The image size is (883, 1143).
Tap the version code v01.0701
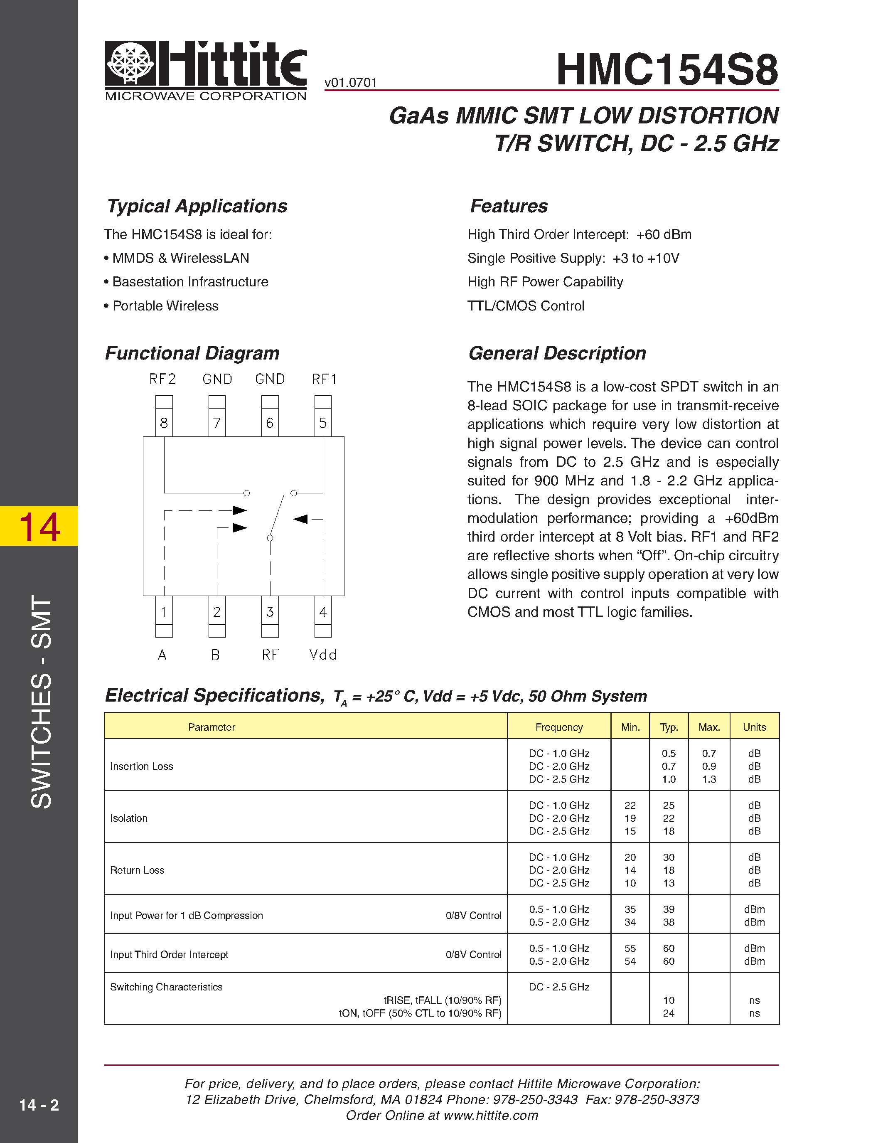click(350, 83)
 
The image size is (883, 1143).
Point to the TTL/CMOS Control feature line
click(526, 306)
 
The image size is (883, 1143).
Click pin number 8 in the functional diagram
click(164, 423)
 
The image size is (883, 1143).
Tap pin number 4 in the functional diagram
click(323, 612)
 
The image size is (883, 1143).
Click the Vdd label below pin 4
click(323, 655)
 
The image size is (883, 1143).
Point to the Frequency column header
click(558, 727)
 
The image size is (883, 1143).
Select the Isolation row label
click(129, 818)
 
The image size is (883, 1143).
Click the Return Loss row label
click(137, 870)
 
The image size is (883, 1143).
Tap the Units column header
click(754, 727)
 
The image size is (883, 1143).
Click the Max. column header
click(709, 727)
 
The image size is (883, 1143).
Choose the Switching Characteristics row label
click(166, 987)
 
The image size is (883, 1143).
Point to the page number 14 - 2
click(39, 1105)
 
